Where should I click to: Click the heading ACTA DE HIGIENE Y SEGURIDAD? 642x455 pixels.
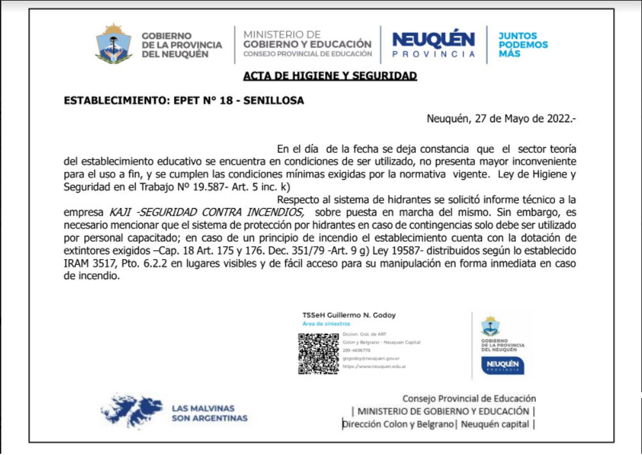[x=330, y=76]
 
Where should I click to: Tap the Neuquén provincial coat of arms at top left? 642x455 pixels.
[x=113, y=44]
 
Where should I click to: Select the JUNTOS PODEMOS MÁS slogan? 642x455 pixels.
[x=523, y=45]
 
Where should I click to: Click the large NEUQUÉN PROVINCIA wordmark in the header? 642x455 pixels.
[x=433, y=44]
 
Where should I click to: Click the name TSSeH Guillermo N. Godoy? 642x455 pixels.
[x=349, y=315]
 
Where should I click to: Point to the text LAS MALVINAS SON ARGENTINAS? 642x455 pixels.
[x=209, y=413]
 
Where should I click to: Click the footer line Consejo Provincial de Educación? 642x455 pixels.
[x=469, y=398]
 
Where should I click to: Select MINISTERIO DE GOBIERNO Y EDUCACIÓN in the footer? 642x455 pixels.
[x=443, y=411]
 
